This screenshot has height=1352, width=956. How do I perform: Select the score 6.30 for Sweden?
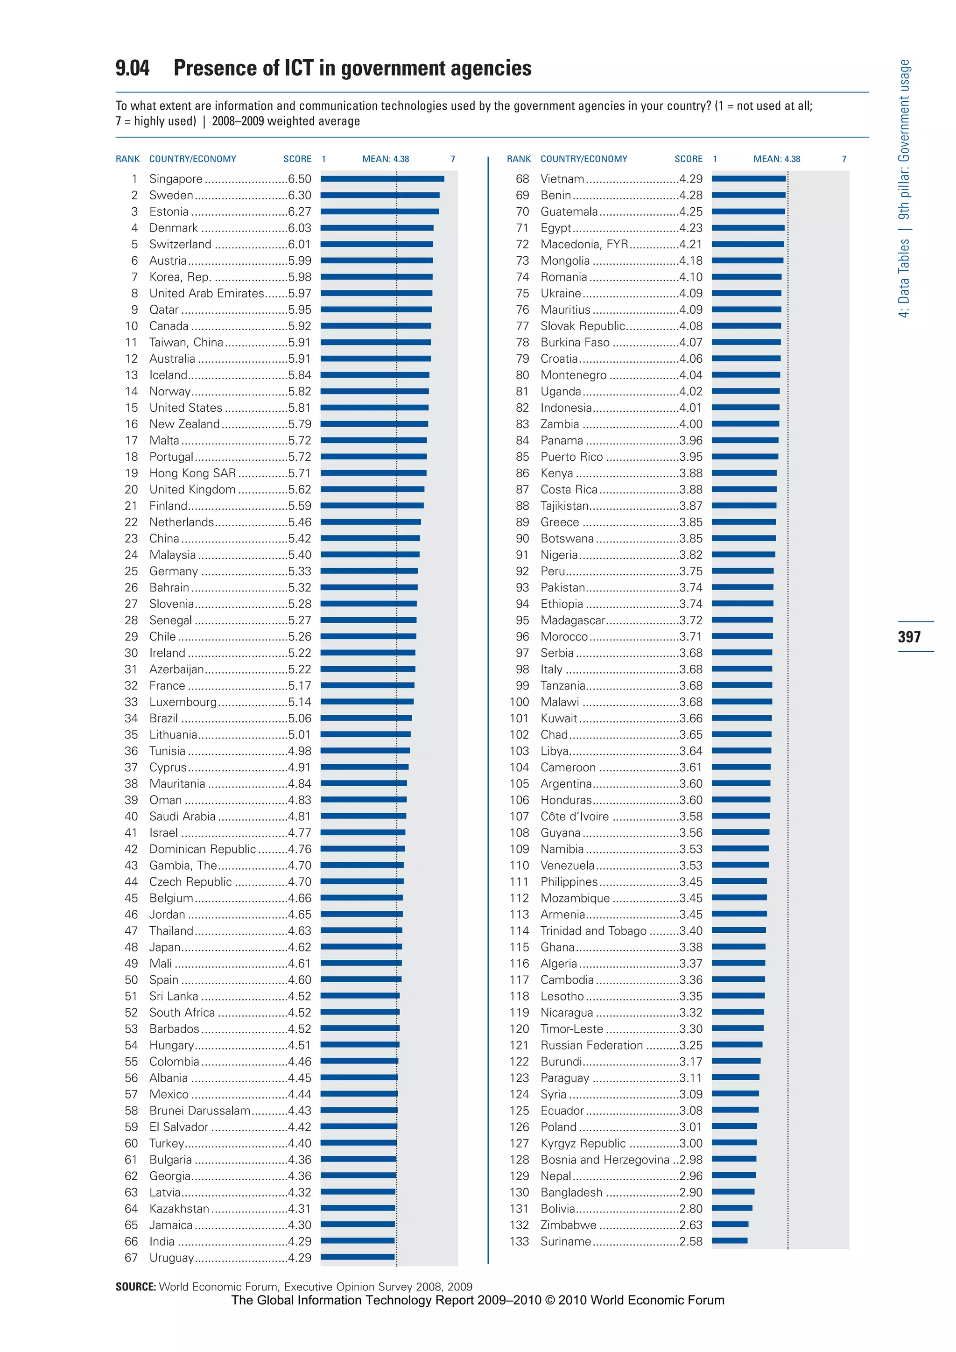(300, 195)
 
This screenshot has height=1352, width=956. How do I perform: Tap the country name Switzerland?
(180, 244)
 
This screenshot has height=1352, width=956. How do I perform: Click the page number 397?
(909, 636)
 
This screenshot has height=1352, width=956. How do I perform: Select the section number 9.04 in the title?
(133, 68)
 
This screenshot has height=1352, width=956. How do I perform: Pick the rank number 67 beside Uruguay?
(131, 1257)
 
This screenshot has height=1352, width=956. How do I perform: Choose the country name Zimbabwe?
(568, 1225)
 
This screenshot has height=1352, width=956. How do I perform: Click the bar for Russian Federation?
(737, 1045)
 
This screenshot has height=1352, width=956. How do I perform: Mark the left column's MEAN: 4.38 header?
(386, 159)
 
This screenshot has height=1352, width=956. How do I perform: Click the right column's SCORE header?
(688, 159)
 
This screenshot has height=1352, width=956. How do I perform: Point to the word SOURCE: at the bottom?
(136, 1287)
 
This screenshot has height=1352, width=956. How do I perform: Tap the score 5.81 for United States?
(300, 408)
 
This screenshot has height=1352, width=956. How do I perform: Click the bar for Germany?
(369, 570)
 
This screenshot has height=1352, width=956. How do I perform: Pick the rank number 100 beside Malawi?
(519, 702)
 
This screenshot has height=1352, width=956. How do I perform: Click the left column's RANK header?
(128, 159)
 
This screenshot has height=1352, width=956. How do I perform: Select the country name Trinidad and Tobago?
(593, 930)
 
